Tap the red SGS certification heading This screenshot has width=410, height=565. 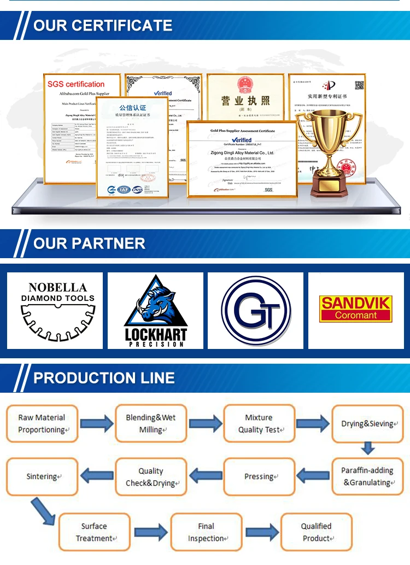pyautogui.click(x=76, y=84)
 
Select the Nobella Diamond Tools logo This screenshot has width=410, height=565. pyautogui.click(x=55, y=310)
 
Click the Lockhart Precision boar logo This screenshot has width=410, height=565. pyautogui.click(x=155, y=310)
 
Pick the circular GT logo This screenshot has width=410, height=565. pyautogui.click(x=255, y=310)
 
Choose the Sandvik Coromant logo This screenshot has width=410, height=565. pyautogui.click(x=356, y=309)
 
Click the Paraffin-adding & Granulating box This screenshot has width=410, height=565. pyautogui.click(x=367, y=476)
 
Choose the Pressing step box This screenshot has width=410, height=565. pyautogui.click(x=259, y=476)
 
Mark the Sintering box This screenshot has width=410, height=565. pyautogui.click(x=42, y=476)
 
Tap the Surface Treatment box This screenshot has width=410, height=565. pyautogui.click(x=95, y=532)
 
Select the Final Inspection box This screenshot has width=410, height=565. pyautogui.click(x=206, y=532)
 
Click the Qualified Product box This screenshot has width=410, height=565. pyautogui.click(x=316, y=532)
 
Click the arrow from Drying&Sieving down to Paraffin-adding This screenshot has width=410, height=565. pyautogui.click(x=367, y=448)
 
